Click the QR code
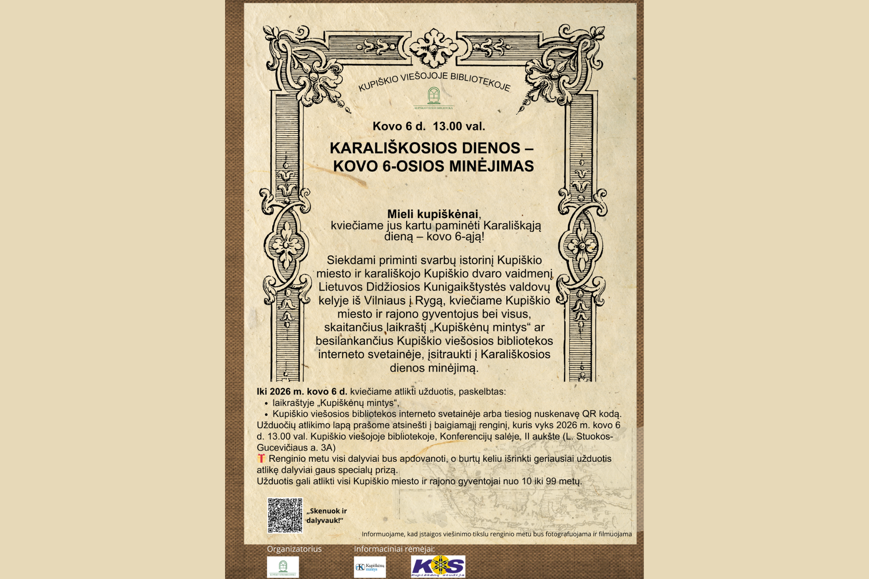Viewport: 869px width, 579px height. (285, 515)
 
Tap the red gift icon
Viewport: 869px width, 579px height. (261, 458)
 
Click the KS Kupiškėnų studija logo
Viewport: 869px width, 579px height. (438, 566)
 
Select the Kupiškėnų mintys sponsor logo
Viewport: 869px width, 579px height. (370, 567)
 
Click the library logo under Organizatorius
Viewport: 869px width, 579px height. (283, 567)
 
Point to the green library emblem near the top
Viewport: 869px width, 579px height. (433, 96)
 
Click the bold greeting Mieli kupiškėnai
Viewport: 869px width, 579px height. (433, 214)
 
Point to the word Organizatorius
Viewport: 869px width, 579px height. (294, 549)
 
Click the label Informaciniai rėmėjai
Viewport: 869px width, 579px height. (394, 549)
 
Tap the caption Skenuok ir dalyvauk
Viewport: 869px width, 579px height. (326, 516)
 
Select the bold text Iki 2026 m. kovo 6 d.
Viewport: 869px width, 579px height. (302, 391)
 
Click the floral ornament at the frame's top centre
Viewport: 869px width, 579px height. (433, 48)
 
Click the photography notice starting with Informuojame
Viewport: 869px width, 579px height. (497, 534)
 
